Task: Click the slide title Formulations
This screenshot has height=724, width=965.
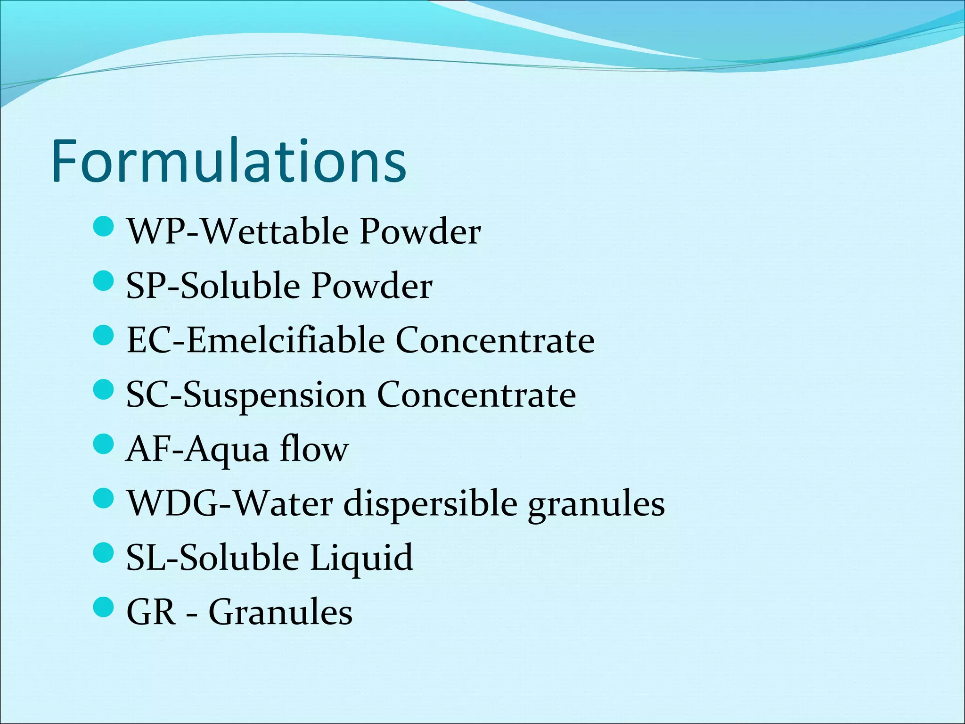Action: click(x=229, y=161)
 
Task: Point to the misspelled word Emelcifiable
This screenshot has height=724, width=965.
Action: click(x=286, y=340)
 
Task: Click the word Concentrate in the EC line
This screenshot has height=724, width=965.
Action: click(x=495, y=340)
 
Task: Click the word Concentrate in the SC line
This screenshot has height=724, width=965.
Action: click(x=476, y=395)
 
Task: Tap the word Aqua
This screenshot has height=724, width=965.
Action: click(x=227, y=450)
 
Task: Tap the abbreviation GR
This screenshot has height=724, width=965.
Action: click(x=151, y=612)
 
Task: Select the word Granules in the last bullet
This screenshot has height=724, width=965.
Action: click(x=280, y=612)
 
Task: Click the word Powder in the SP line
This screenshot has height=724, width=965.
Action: click(x=371, y=286)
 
